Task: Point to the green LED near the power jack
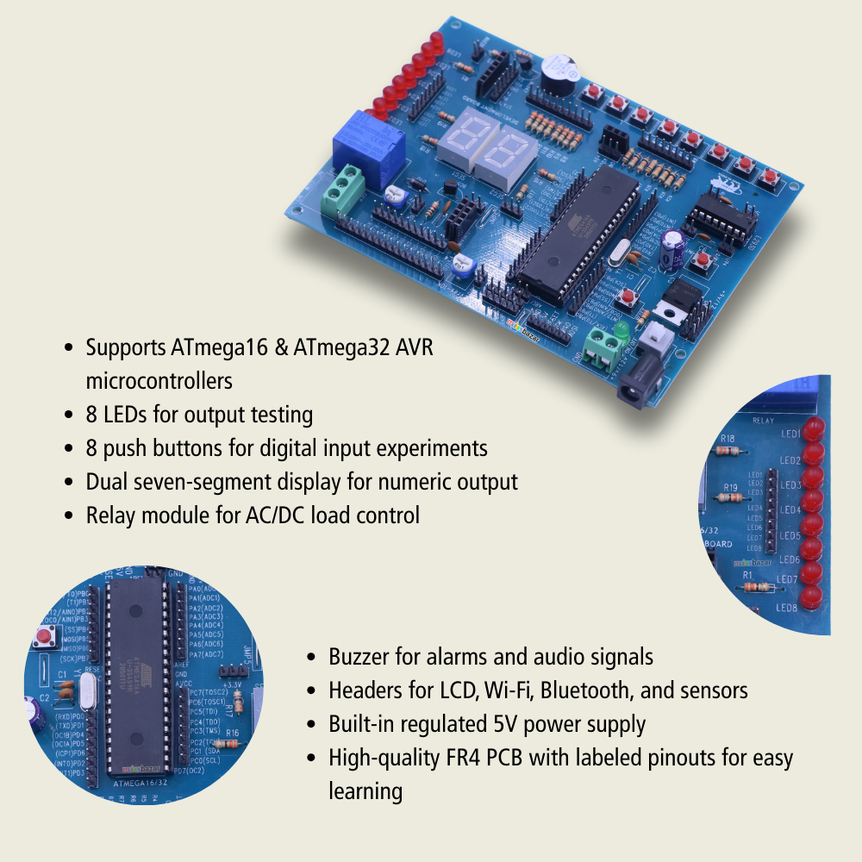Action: click(x=621, y=330)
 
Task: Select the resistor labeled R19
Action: click(x=732, y=498)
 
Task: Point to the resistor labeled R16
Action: click(x=232, y=743)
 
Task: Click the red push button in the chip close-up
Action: click(x=42, y=639)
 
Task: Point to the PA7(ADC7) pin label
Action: click(x=206, y=654)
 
